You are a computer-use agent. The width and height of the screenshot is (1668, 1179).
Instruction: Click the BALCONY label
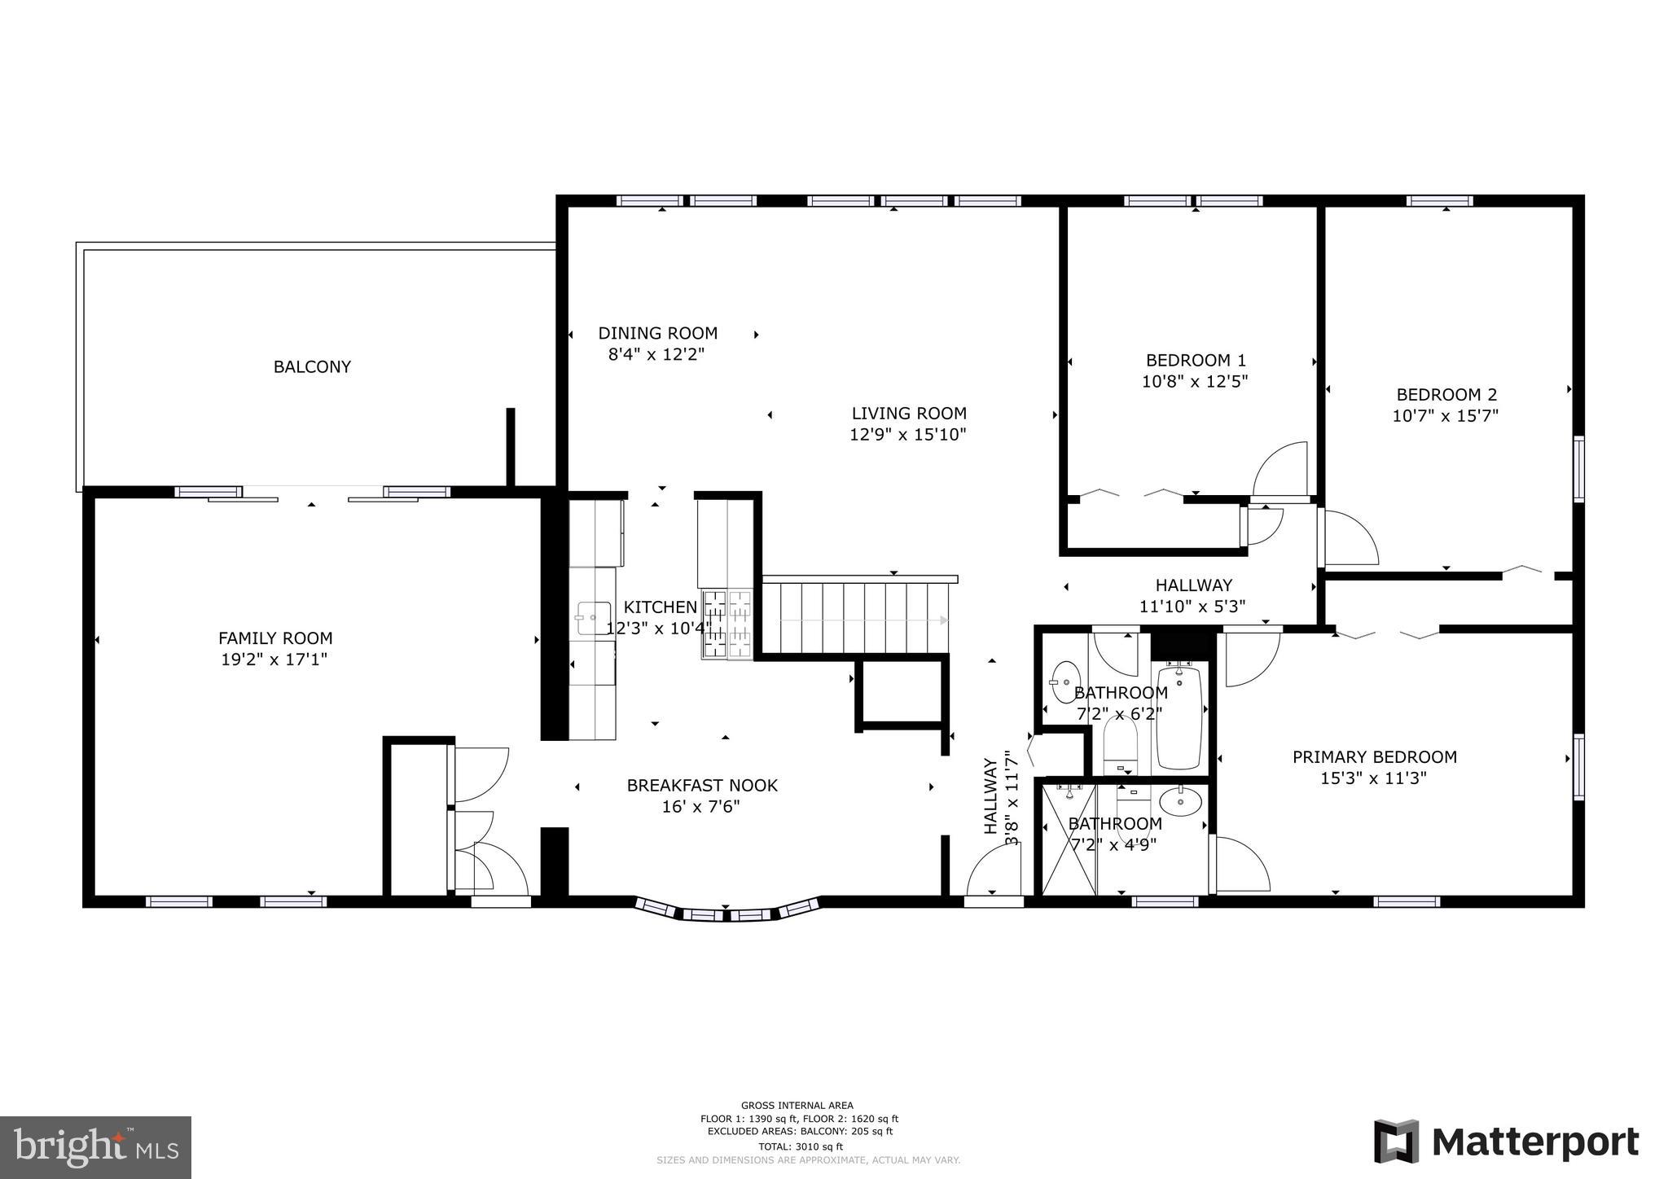[312, 367]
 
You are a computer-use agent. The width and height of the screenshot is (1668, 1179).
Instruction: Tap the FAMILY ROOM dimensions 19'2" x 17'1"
[274, 660]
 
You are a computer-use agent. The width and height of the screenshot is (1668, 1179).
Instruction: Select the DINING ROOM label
[657, 333]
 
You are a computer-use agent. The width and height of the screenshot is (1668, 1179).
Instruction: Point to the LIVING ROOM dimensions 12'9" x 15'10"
[908, 435]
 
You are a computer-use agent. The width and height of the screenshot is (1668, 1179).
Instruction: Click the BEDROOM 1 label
[1195, 360]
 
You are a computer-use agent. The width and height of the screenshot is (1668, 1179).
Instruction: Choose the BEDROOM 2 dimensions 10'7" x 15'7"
[1446, 416]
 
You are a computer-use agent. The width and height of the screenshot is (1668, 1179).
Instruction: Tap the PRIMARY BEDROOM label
[1374, 757]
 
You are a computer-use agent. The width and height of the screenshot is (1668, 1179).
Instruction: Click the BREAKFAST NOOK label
[701, 786]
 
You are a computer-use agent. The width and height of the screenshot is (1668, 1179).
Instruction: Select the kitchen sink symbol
[594, 618]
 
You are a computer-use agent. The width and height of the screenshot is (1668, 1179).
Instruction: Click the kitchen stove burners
[727, 624]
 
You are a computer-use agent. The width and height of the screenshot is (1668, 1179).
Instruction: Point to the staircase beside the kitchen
[855, 619]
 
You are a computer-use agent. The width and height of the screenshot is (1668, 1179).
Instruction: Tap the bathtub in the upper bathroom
[1179, 717]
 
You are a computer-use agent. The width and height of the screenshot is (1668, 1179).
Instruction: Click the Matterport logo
[1506, 1142]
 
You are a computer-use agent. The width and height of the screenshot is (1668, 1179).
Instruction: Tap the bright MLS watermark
[95, 1147]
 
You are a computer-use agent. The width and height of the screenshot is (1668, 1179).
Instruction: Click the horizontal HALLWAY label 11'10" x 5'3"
[1192, 595]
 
